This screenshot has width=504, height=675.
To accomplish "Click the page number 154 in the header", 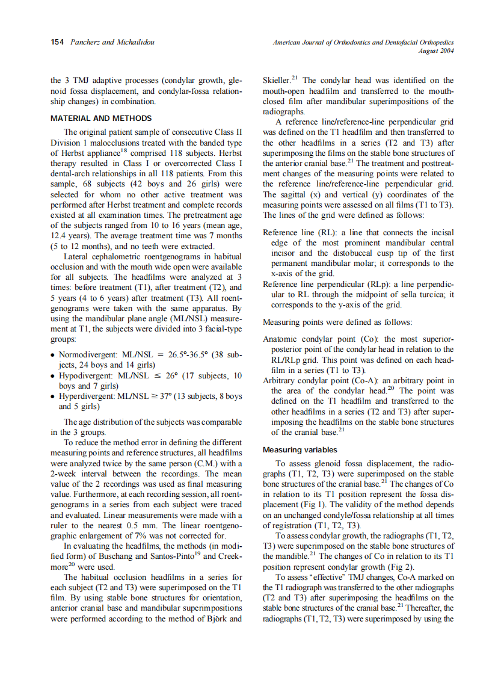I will [58, 43].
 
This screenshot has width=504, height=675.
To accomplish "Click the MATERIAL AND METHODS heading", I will [101, 119].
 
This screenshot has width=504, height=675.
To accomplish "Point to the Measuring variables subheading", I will [300, 449].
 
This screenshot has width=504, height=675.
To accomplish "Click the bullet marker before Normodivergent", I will [54, 356].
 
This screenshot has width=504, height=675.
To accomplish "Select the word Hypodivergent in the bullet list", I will [83, 376].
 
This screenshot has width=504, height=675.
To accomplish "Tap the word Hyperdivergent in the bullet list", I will [84, 396].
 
